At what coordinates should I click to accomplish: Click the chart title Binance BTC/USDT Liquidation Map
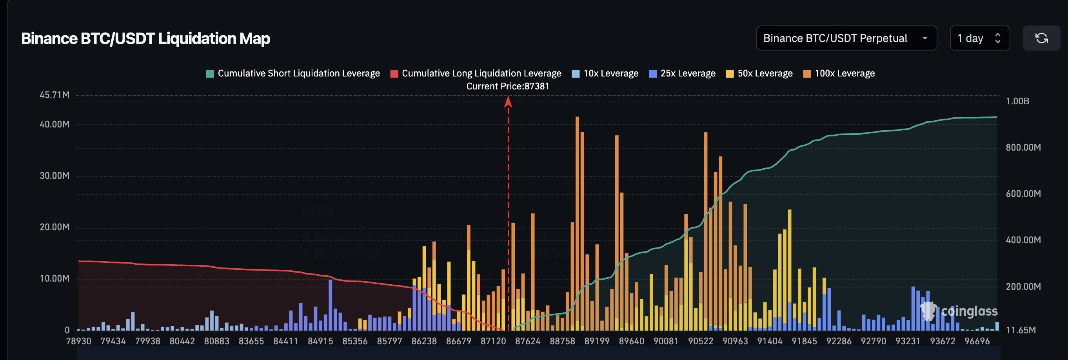pyautogui.click(x=145, y=38)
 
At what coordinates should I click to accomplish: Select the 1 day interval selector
pyautogui.click(x=979, y=38)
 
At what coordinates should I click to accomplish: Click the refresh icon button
pyautogui.click(x=1041, y=38)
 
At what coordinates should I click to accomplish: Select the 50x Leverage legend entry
pyautogui.click(x=759, y=73)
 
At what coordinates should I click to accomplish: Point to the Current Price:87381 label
pyautogui.click(x=507, y=86)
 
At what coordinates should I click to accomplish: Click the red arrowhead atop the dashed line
pyautogui.click(x=508, y=102)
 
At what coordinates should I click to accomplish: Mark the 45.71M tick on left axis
pyautogui.click(x=54, y=95)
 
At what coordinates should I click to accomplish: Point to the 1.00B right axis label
pyautogui.click(x=1017, y=101)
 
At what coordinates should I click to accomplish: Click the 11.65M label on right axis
pyautogui.click(x=1020, y=330)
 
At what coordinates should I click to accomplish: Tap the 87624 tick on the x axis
pyautogui.click(x=527, y=341)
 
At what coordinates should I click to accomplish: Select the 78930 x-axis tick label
pyautogui.click(x=78, y=341)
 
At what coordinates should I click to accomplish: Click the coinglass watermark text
pyautogui.click(x=969, y=311)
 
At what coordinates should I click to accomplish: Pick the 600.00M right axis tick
pyautogui.click(x=1023, y=194)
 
